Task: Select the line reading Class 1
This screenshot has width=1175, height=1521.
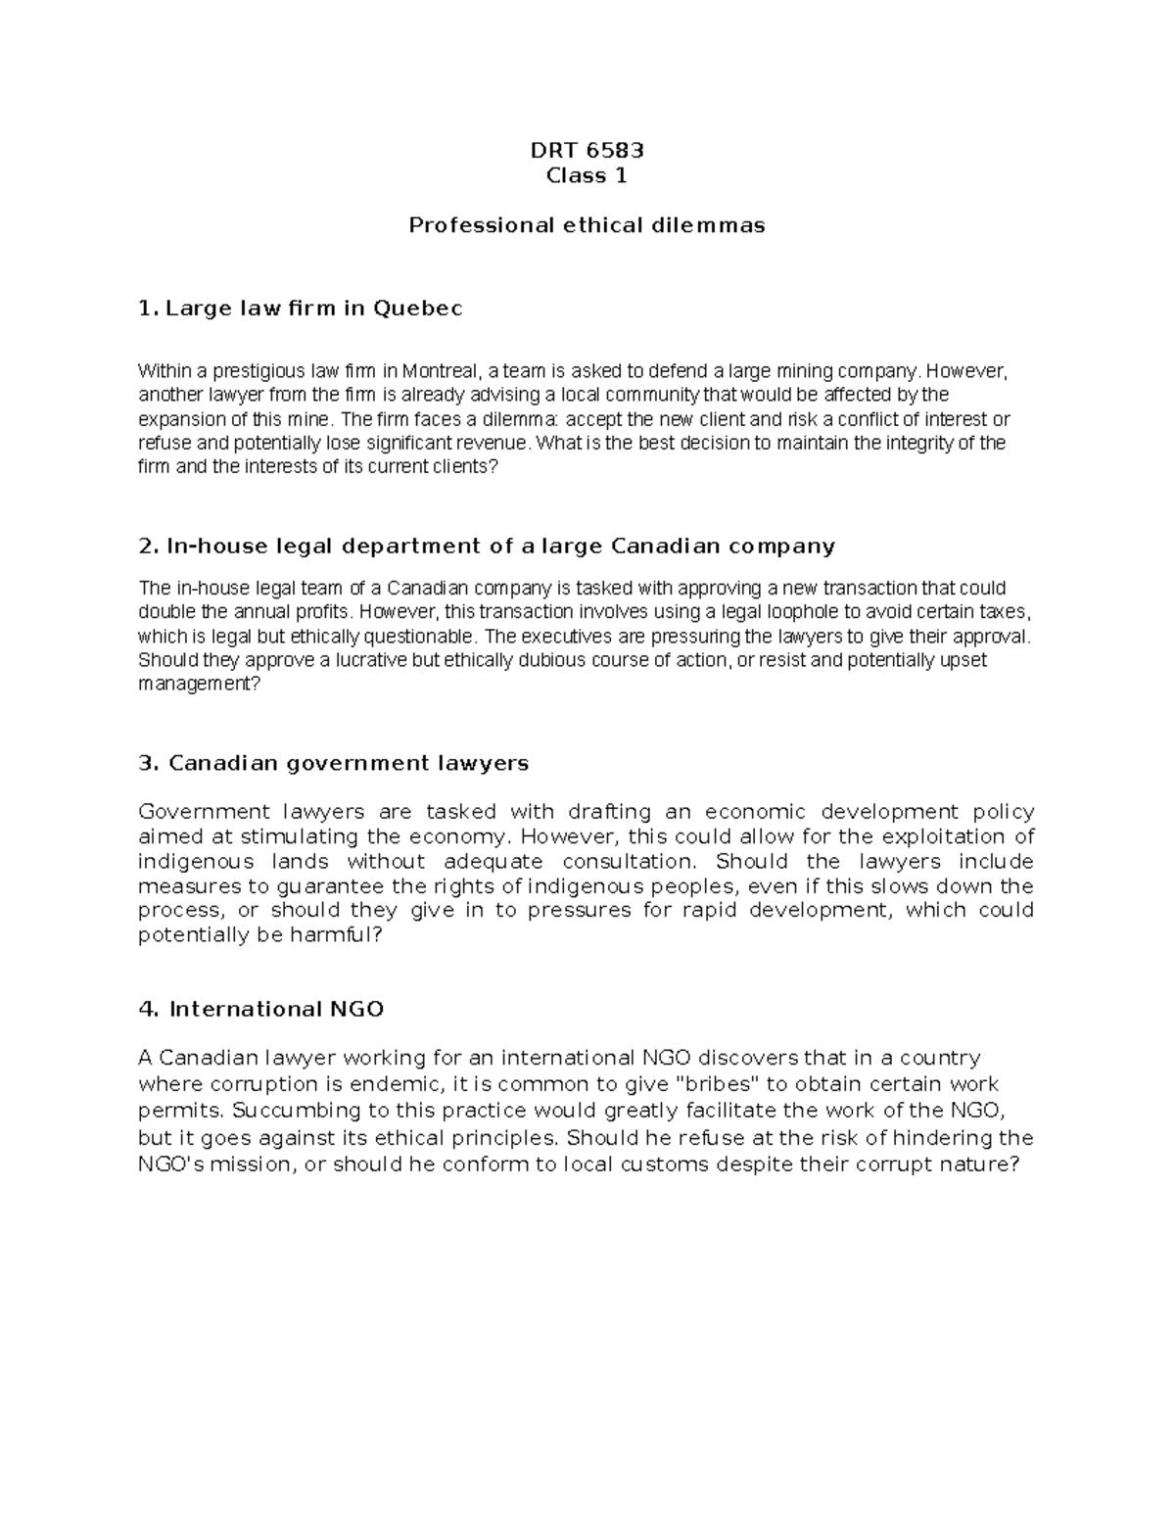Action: click(587, 176)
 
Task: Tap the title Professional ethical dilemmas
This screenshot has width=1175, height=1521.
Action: click(587, 225)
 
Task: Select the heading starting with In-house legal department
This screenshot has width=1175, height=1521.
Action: click(487, 546)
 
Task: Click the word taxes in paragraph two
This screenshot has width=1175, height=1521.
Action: click(1009, 612)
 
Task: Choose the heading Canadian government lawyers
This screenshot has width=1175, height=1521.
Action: click(334, 763)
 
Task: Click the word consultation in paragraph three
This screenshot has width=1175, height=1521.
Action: click(628, 862)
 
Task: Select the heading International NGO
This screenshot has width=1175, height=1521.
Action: click(261, 1009)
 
